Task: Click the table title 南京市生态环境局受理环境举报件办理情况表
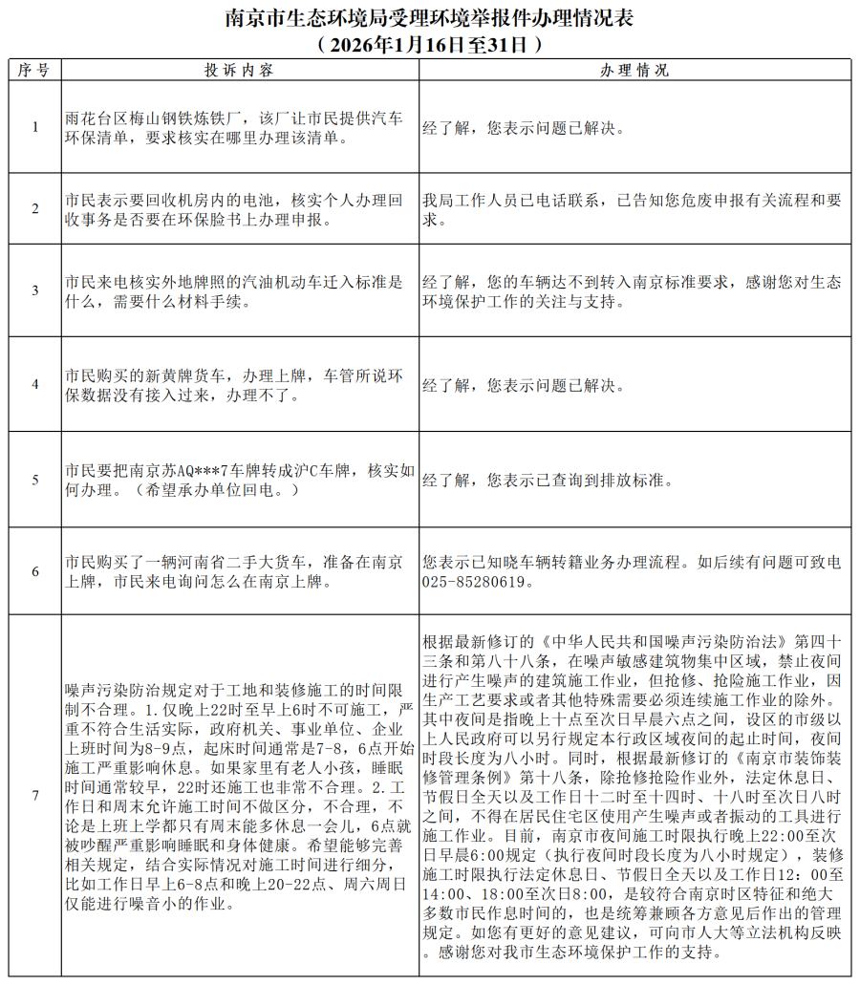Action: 430,18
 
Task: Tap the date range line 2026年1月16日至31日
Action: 430,44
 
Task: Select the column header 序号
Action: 35,71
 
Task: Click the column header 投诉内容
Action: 240,71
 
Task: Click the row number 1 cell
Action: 35,127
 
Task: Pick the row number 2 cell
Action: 35,209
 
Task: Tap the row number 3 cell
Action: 35,290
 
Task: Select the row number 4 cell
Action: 35,384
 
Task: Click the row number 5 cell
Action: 35,480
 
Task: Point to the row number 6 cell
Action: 35,571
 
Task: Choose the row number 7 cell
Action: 35,796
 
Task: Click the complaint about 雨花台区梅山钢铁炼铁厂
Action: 234,127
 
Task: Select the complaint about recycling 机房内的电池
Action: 234,209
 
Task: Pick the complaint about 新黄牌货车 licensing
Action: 234,384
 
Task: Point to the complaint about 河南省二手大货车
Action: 234,571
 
